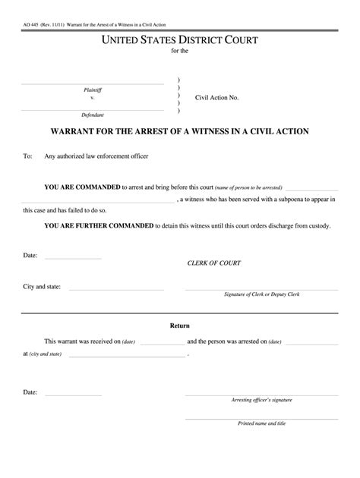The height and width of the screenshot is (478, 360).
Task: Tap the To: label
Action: (x=28, y=156)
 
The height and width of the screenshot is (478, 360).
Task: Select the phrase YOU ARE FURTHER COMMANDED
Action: (x=98, y=225)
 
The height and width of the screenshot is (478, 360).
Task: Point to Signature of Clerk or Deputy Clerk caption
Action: (x=261, y=294)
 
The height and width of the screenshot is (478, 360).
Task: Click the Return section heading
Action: (x=179, y=325)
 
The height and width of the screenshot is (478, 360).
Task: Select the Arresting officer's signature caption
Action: (x=261, y=399)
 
